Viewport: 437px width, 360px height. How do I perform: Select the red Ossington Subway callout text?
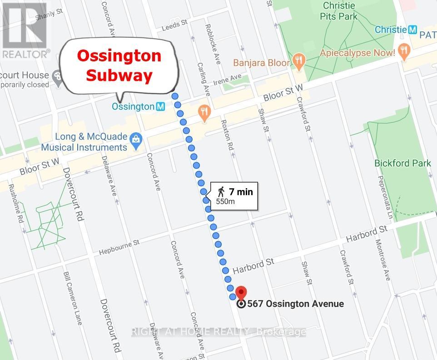tap(119, 65)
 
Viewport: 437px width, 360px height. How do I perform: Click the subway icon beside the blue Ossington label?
tap(160, 106)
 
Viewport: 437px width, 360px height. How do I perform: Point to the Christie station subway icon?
tap(412, 30)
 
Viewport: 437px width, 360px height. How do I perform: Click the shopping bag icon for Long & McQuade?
tap(135, 138)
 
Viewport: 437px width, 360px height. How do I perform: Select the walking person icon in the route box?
tap(222, 191)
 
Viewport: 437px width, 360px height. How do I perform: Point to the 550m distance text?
tap(226, 201)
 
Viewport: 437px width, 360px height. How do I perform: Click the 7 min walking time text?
tap(241, 191)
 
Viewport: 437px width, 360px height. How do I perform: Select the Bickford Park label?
tap(402, 163)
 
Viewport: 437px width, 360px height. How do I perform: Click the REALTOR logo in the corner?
tap(25, 30)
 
